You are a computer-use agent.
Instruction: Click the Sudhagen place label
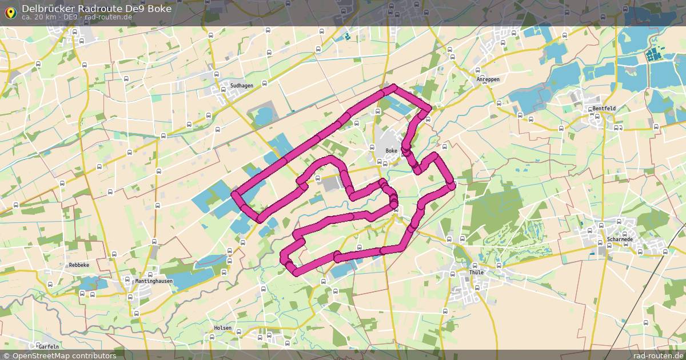click(241, 86)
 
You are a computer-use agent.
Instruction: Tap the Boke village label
click(392, 151)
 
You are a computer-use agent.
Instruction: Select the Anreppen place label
click(488, 80)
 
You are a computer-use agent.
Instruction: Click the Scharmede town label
click(619, 239)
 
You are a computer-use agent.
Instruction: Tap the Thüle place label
click(476, 273)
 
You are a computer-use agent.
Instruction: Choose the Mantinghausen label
click(153, 282)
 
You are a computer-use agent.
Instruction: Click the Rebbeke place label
click(79, 266)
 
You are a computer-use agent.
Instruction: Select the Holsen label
click(222, 328)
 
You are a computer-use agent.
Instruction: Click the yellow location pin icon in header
click(10, 12)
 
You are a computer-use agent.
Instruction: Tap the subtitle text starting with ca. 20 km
click(77, 17)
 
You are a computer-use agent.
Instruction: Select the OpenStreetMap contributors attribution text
click(59, 355)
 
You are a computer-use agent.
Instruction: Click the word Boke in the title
click(159, 8)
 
